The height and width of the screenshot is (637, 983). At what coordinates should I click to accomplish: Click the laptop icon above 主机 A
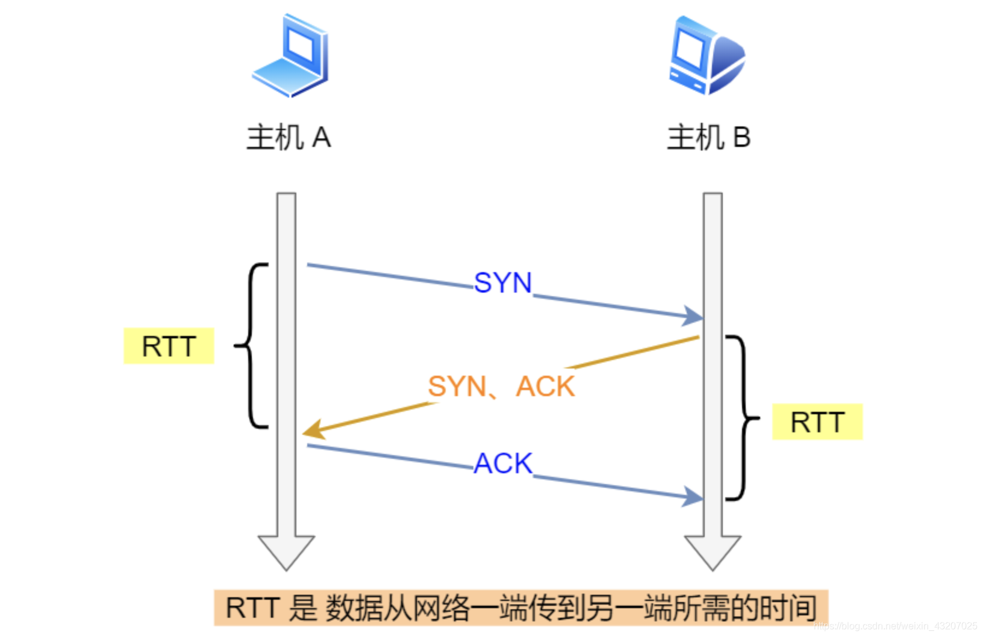point(290,55)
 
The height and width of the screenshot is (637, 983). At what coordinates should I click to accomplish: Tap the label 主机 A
point(289,138)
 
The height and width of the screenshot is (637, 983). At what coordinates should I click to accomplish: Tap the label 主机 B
point(708,138)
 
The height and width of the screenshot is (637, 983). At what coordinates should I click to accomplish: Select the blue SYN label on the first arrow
point(503,282)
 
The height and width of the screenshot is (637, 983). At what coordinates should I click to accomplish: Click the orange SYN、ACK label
point(501,386)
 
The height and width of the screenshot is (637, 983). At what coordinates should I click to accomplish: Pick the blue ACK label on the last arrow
point(503,463)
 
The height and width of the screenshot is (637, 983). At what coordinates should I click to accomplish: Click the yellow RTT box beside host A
point(169,346)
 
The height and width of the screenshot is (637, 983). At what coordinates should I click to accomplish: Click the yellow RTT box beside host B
point(817,421)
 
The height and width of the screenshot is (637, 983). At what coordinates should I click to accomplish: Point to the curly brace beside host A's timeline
point(252,346)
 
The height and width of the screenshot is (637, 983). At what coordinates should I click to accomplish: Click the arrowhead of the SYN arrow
point(693,315)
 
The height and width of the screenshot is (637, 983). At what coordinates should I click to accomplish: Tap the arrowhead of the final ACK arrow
point(693,497)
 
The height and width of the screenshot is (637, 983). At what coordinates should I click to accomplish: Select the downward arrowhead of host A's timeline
point(286,551)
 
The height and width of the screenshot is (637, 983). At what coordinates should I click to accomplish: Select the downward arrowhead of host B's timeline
point(713,551)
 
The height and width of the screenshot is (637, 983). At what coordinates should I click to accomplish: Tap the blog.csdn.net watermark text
point(895,626)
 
